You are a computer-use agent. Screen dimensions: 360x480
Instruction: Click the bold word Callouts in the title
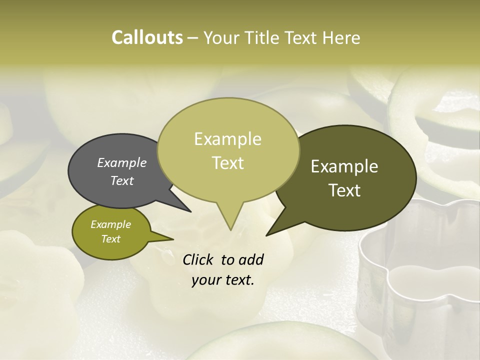pyautogui.click(x=147, y=37)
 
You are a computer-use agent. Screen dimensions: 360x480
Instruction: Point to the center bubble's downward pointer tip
pyautogui.click(x=230, y=229)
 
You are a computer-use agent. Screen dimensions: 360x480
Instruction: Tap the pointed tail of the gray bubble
pyautogui.click(x=189, y=211)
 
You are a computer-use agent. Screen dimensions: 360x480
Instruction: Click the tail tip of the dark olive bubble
pyautogui.click(x=267, y=234)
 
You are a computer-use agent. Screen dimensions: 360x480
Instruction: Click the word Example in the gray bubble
pyautogui.click(x=122, y=163)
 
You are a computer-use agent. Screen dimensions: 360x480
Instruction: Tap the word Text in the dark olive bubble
pyautogui.click(x=345, y=190)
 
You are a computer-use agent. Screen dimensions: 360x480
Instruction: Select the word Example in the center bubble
pyautogui.click(x=227, y=138)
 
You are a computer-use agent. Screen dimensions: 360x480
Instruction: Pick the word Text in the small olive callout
pyautogui.click(x=111, y=239)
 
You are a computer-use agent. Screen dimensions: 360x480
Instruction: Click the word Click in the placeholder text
pyautogui.click(x=198, y=260)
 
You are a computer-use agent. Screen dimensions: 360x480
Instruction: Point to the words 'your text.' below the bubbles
pyautogui.click(x=223, y=280)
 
